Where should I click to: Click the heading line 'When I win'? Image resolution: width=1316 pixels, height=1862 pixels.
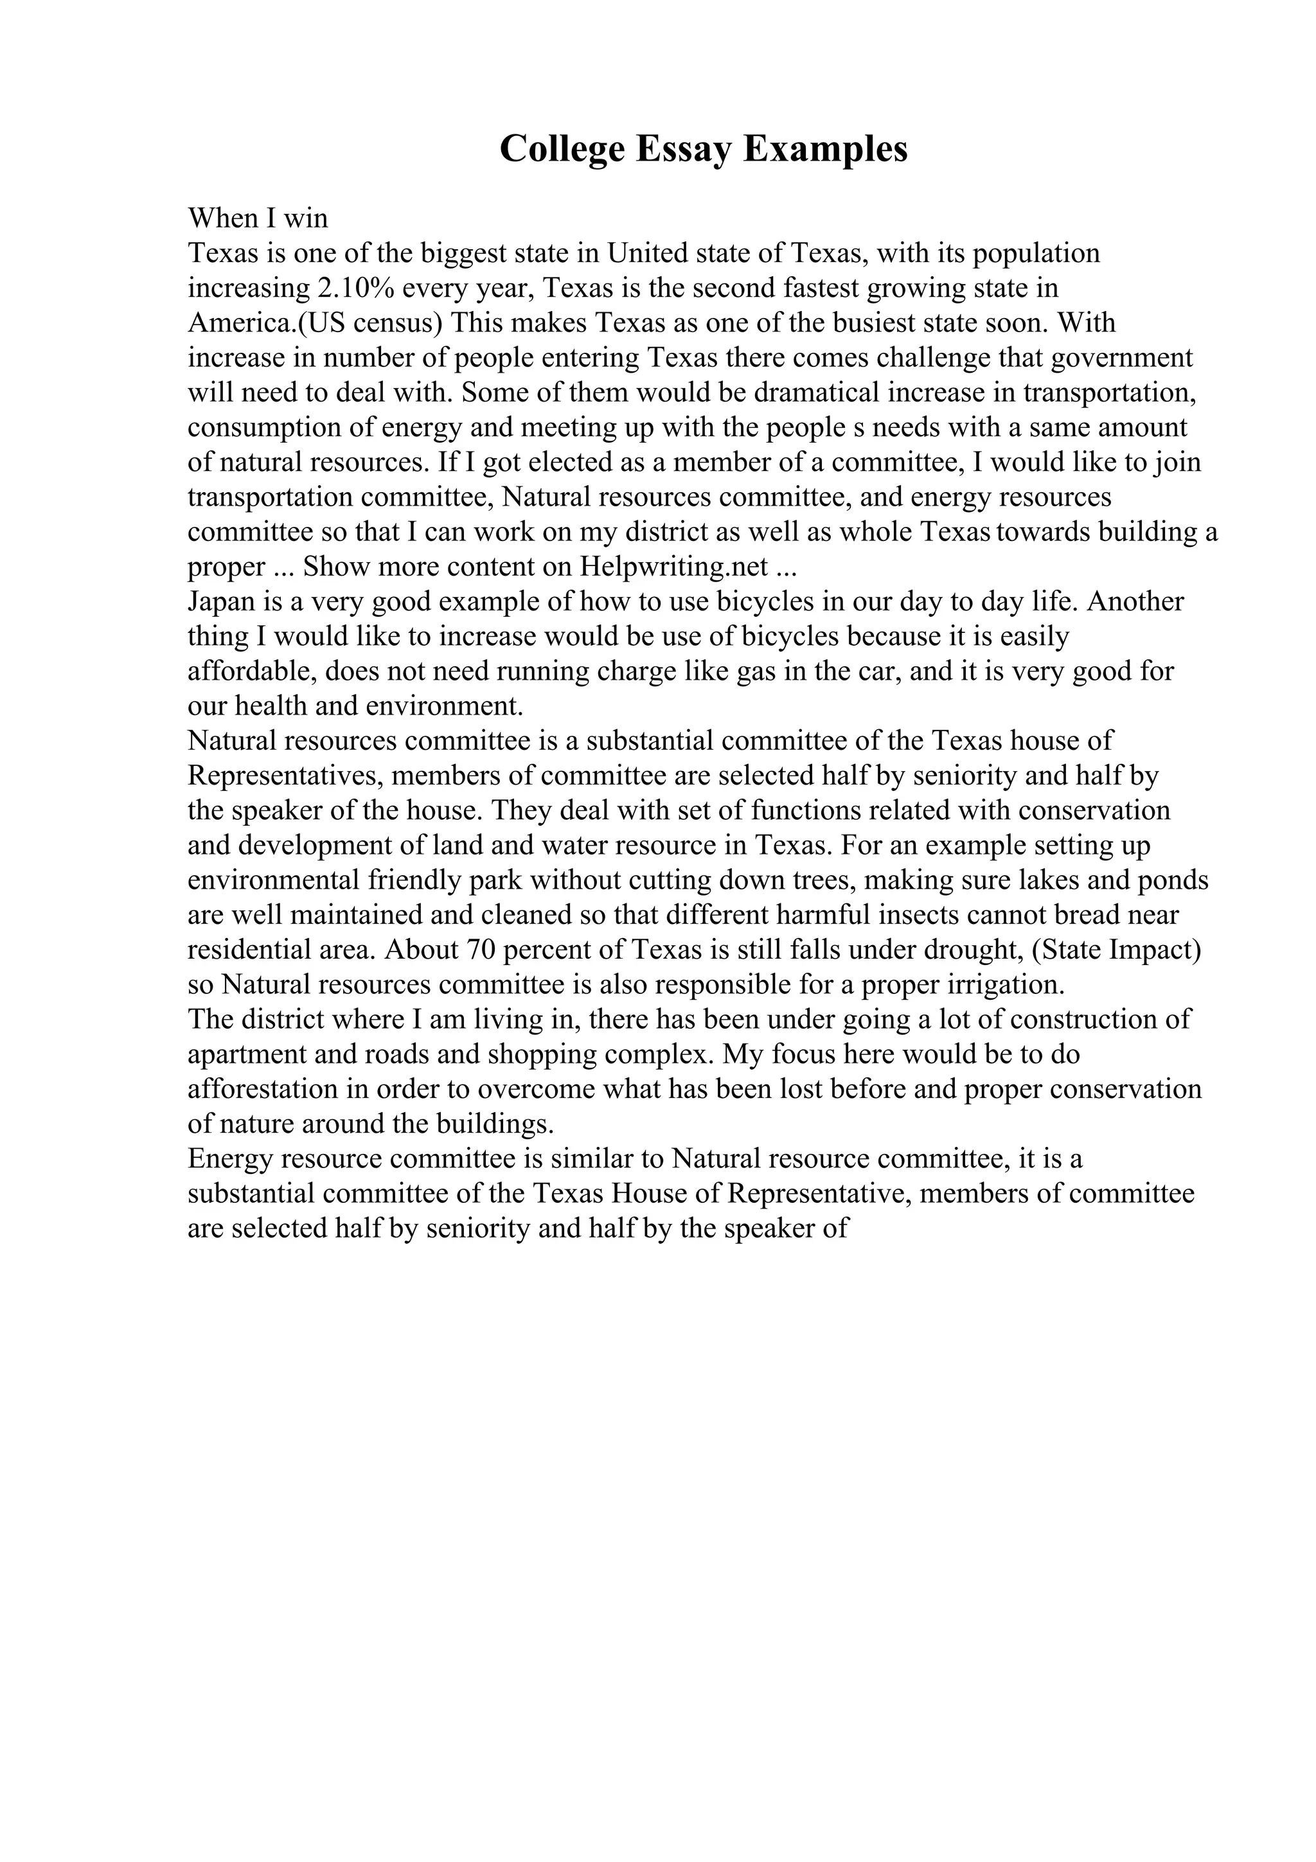pyautogui.click(x=258, y=218)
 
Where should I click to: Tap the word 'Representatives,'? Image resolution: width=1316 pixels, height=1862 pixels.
pyautogui.click(x=285, y=776)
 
